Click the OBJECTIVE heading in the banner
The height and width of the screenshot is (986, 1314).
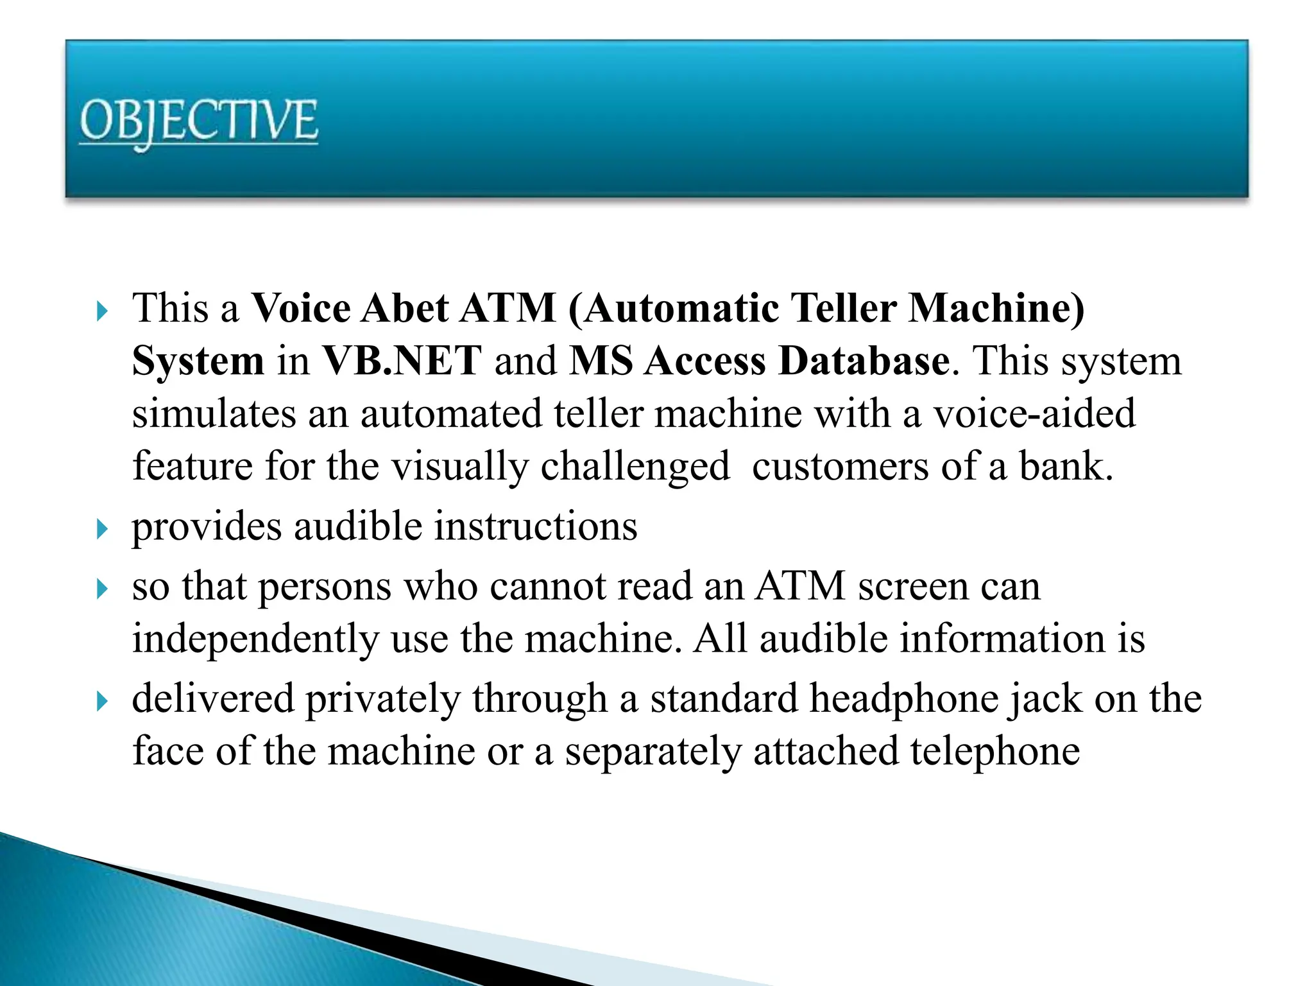click(198, 122)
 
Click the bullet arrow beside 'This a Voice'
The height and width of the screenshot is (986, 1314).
click(102, 312)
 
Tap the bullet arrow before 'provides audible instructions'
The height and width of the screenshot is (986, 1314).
click(102, 530)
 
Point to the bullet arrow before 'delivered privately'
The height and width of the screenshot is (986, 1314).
click(102, 701)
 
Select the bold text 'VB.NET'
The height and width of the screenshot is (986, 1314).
click(402, 361)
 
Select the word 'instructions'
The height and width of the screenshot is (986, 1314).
click(536, 526)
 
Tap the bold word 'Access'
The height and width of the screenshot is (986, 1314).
click(705, 361)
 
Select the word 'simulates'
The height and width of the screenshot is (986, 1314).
click(214, 413)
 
